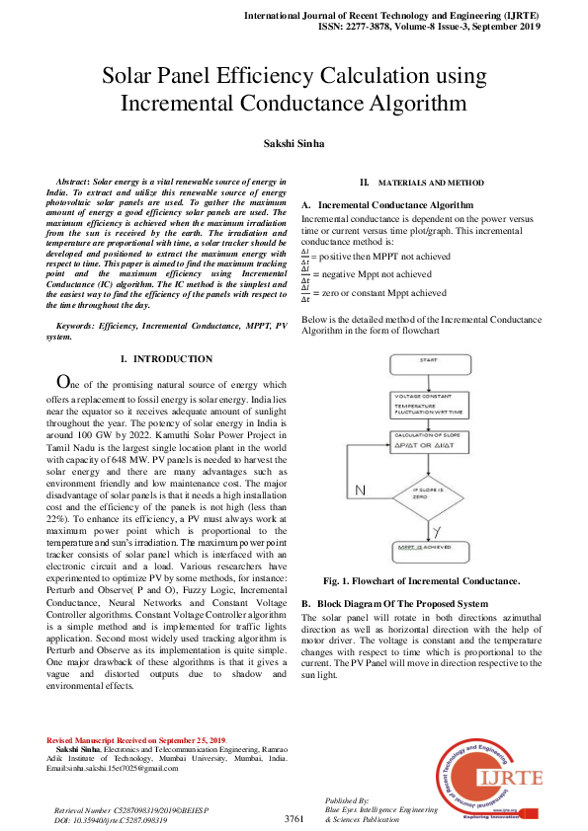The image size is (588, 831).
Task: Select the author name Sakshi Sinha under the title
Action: pos(293,144)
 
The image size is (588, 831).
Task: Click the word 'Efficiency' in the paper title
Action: pos(278,77)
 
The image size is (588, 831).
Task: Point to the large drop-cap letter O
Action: pos(63,382)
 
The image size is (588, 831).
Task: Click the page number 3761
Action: pos(294,819)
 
